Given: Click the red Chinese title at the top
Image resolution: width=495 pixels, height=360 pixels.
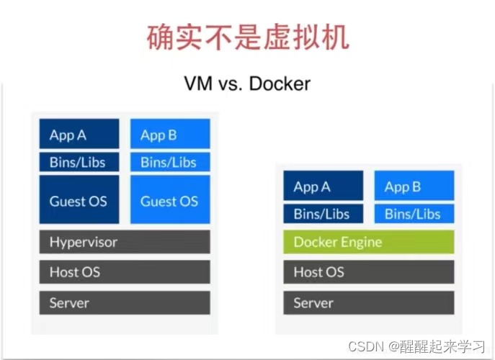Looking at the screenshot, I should point(247,36).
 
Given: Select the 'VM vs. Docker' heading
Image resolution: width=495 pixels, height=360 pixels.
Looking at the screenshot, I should point(247,84).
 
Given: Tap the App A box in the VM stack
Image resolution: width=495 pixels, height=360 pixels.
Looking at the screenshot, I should point(79,134).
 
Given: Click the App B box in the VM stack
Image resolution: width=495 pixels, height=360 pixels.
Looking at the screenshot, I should point(170,134).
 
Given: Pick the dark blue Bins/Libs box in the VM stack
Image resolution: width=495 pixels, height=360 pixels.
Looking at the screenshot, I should point(79,162).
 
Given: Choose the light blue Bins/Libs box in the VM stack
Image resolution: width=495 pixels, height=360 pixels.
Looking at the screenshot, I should point(170,162).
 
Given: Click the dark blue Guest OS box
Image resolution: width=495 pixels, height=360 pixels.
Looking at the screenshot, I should point(79,200).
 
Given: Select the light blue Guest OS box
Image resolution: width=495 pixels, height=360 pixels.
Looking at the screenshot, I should point(170,200).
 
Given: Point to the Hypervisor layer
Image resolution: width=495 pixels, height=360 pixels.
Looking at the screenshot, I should point(125,242).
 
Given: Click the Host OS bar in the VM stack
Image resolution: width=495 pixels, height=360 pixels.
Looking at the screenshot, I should point(125,272).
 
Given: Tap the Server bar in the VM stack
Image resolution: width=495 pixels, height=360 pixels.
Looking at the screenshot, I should point(125,302).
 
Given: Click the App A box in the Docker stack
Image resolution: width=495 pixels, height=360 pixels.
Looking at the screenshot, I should point(323,186).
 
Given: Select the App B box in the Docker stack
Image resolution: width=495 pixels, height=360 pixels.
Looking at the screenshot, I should point(414,186).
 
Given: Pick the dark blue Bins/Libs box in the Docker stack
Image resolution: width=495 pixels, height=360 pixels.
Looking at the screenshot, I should point(323,213).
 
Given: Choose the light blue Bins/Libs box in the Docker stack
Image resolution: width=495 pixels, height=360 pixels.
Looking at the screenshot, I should point(414,213).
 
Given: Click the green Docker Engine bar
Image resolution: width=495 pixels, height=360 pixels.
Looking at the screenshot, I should point(369,242).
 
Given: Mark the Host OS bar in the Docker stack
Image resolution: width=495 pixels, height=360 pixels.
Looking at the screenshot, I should point(369,272).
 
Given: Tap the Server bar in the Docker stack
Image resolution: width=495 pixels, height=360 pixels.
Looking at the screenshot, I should point(369,302).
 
